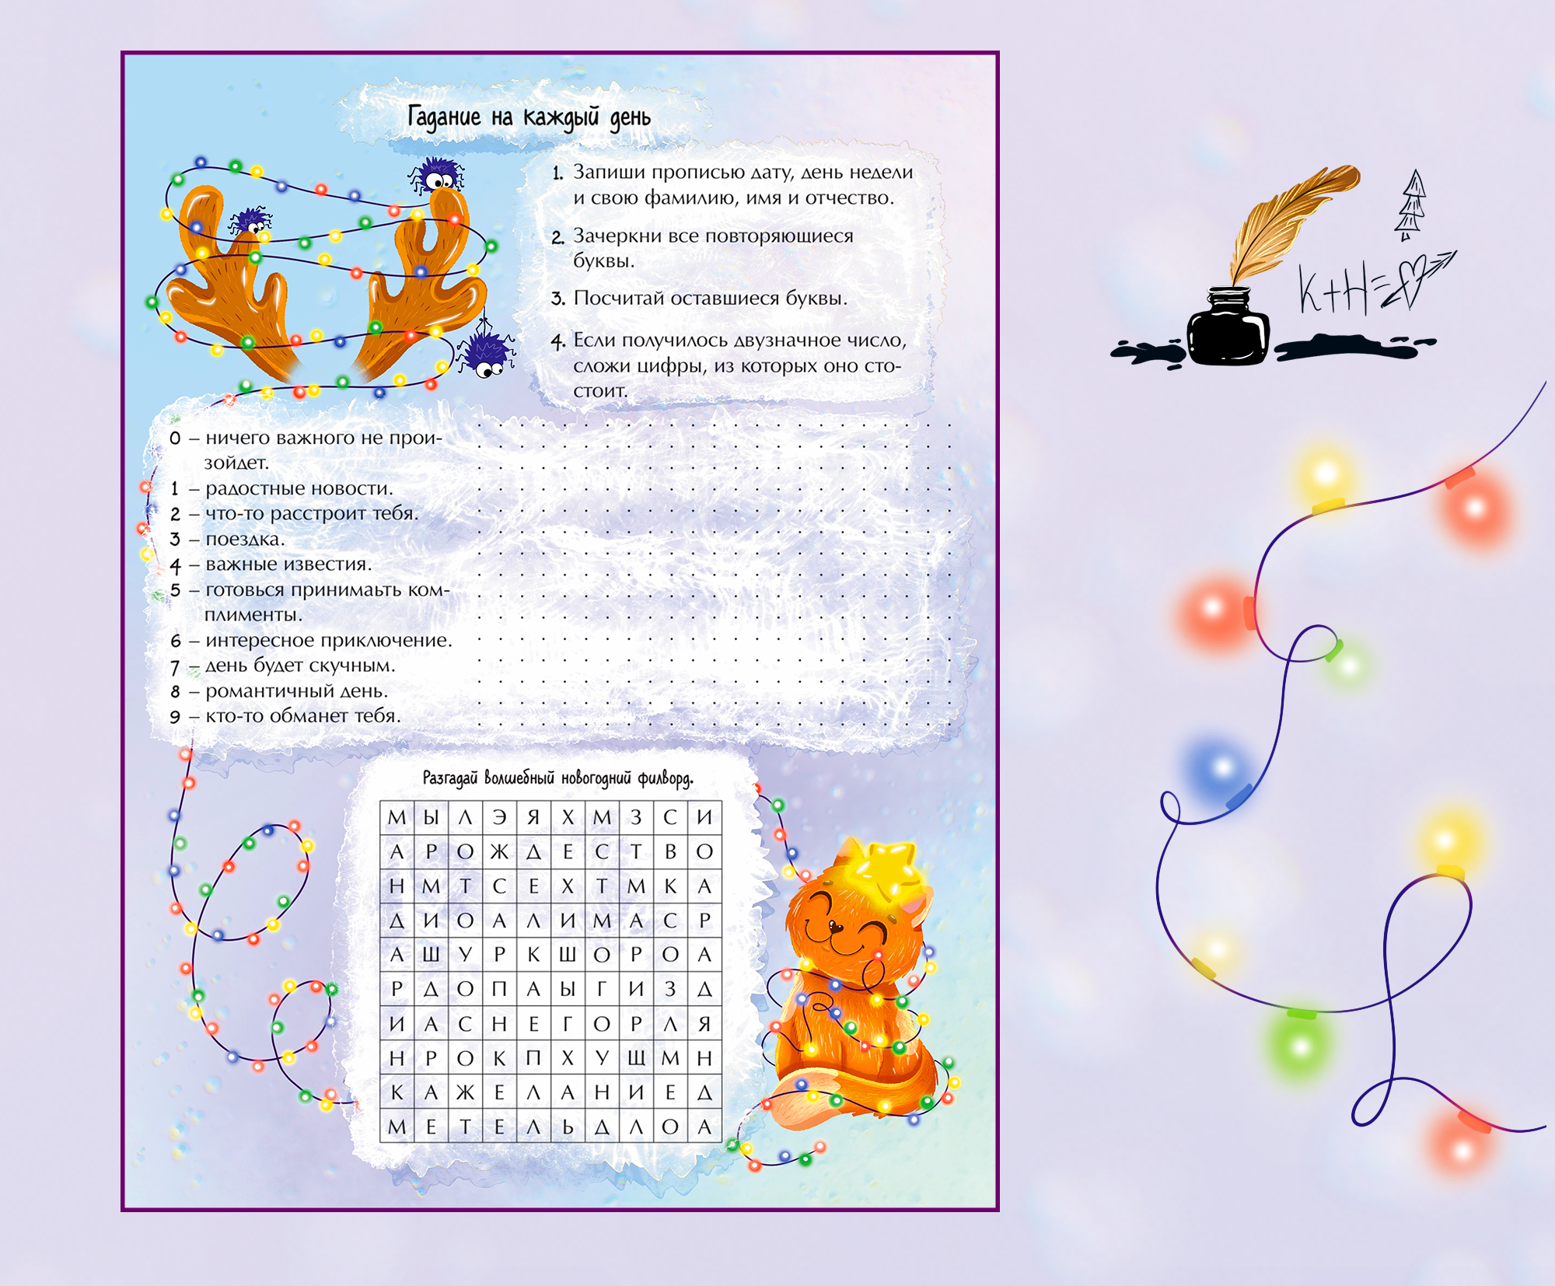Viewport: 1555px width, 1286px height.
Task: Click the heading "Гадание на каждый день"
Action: point(529,117)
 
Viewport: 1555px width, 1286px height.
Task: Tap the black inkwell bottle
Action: point(1228,327)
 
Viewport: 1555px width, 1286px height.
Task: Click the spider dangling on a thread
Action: point(485,354)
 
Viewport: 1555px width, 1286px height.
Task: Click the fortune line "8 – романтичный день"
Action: point(278,691)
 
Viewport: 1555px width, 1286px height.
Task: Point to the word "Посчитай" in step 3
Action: point(618,298)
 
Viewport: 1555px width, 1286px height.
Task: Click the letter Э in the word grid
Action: point(499,817)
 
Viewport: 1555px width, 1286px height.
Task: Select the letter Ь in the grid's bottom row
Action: point(568,1127)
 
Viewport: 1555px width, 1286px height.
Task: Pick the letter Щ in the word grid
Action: point(637,1058)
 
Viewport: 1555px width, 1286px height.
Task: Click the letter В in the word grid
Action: point(670,851)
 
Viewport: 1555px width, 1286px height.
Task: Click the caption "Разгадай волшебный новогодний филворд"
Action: point(557,778)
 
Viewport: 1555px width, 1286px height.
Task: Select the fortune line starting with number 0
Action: point(306,450)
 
